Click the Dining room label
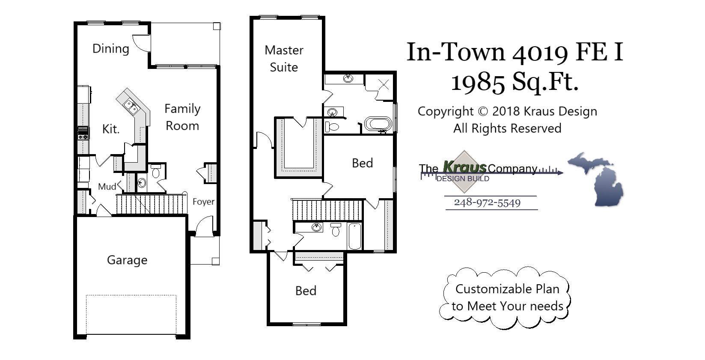[x=110, y=49]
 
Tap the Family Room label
[x=182, y=117]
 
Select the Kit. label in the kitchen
[x=111, y=129]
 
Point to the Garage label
[x=127, y=260]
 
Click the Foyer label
[x=203, y=202]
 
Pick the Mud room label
[x=107, y=187]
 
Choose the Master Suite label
[x=284, y=59]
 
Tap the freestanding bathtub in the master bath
[x=378, y=124]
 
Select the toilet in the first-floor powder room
[x=156, y=172]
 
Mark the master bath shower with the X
[x=383, y=84]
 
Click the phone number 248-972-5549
[x=487, y=202]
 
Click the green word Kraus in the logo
[x=464, y=167]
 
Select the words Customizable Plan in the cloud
[x=507, y=289]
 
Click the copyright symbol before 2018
[x=483, y=111]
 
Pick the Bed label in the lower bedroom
[x=306, y=291]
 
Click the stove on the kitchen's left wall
[x=83, y=134]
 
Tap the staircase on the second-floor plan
[x=327, y=210]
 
